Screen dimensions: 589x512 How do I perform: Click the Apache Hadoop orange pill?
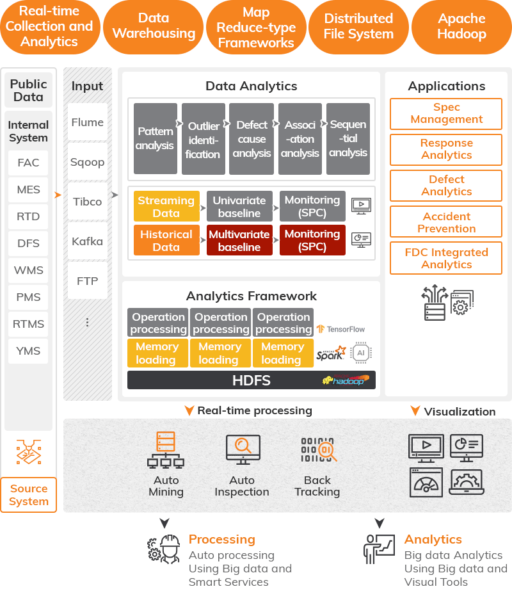tap(461, 27)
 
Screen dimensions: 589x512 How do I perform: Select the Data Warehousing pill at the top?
tap(154, 27)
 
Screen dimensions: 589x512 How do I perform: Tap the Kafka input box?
tap(88, 241)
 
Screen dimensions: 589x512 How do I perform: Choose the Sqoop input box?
tap(88, 162)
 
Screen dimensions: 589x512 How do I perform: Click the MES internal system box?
tap(28, 190)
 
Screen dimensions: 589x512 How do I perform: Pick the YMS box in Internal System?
tap(28, 351)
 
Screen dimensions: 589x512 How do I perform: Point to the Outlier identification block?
tap(204, 139)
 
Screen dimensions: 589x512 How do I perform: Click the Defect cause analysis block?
tap(252, 139)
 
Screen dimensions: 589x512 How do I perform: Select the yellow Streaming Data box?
tap(166, 206)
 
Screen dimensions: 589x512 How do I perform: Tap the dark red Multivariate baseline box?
tap(239, 240)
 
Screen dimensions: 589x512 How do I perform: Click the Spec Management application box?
tap(446, 113)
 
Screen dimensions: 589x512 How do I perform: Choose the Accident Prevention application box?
tap(446, 222)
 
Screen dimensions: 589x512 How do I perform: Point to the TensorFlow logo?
tap(340, 329)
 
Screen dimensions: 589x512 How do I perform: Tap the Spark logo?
tap(331, 353)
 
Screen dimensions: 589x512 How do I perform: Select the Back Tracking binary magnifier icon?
tap(318, 450)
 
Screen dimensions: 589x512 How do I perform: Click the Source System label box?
tap(29, 495)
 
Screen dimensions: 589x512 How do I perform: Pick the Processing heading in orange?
tap(221, 539)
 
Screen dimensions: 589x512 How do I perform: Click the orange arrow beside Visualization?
tap(415, 411)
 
